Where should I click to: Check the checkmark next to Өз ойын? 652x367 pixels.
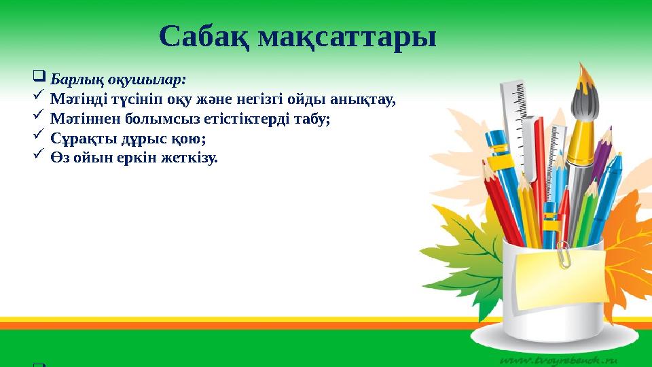pyautogui.click(x=39, y=156)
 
